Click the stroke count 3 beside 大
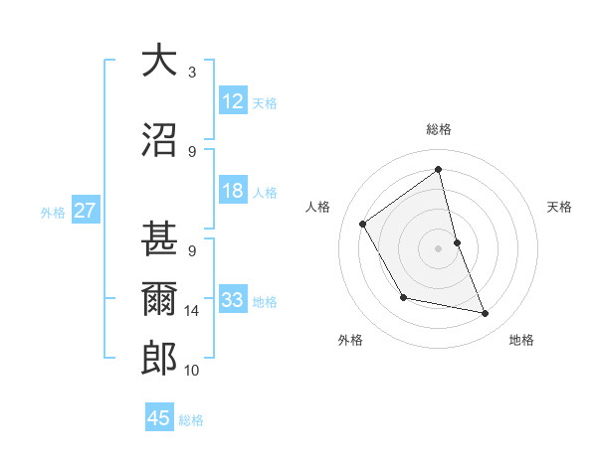tap(192, 73)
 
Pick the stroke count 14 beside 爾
tap(192, 311)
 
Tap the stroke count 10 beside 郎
tap(192, 371)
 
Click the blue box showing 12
tap(233, 101)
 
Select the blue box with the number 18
tap(233, 192)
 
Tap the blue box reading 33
tap(233, 300)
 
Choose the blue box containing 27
tap(85, 211)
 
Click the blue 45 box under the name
tap(159, 418)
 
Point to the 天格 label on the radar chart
tap(560, 207)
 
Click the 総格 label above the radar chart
tap(439, 129)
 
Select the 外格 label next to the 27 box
tap(53, 212)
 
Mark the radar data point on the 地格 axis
tap(486, 314)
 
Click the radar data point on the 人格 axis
tap(363, 224)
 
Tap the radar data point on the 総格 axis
tap(439, 170)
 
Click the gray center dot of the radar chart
tap(439, 247)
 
